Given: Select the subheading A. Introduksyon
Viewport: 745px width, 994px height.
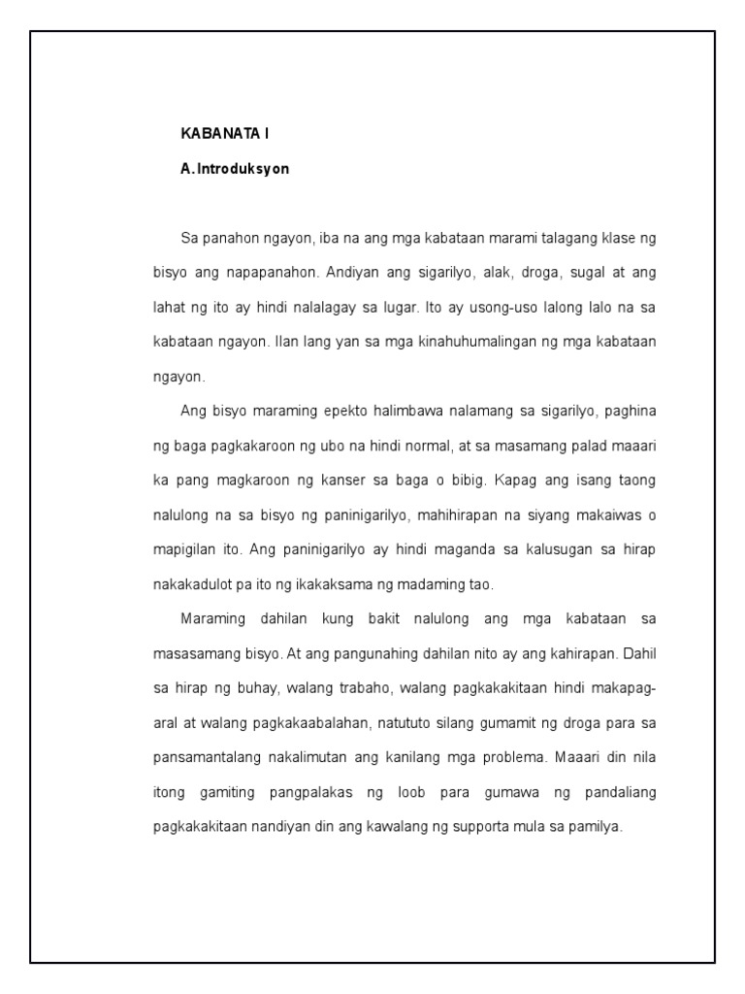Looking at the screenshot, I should (x=235, y=169).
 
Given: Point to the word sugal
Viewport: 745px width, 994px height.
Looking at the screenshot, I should (x=595, y=273).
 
